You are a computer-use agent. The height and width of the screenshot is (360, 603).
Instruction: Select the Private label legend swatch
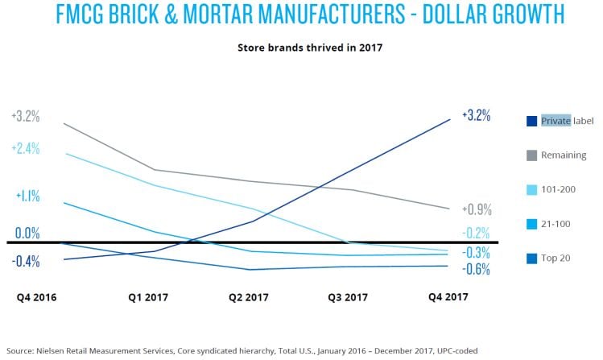(531, 121)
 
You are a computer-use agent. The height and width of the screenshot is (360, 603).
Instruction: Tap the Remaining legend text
(564, 155)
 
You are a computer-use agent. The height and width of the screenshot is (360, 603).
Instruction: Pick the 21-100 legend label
(556, 223)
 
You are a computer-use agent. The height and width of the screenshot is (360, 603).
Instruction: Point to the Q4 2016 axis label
(38, 296)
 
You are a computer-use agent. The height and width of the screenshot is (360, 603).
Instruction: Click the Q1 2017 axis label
(148, 296)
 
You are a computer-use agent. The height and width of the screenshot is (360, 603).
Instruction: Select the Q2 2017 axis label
(248, 296)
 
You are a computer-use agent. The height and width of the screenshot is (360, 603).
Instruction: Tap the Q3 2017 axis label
(347, 296)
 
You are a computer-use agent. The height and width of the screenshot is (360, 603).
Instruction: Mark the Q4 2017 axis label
(447, 296)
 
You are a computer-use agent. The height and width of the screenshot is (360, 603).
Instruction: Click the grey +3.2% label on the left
(25, 116)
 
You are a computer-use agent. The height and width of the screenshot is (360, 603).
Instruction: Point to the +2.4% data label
(25, 149)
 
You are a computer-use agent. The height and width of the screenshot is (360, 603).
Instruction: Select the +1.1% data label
(27, 196)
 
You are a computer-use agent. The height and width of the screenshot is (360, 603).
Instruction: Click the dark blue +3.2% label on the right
(476, 115)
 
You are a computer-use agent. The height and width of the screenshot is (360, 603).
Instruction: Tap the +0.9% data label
(477, 209)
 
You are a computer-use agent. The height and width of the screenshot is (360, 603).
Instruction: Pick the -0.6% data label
(477, 269)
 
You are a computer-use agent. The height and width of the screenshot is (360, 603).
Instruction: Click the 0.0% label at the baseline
(27, 234)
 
